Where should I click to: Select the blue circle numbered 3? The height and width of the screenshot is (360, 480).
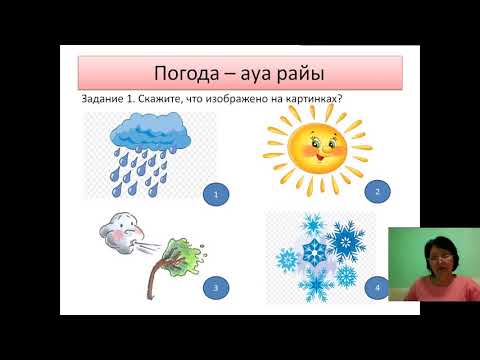click(x=215, y=288)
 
